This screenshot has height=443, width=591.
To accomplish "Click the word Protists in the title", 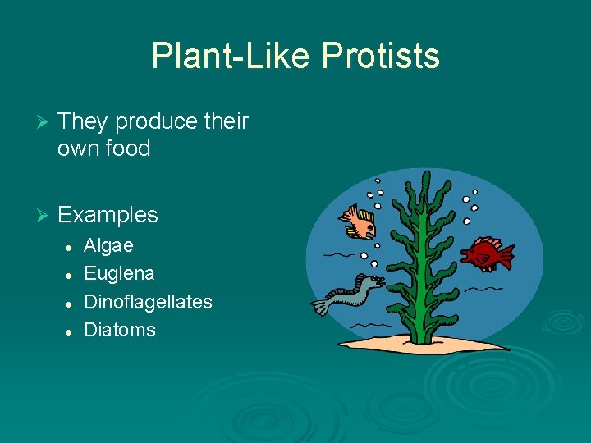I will (x=381, y=57).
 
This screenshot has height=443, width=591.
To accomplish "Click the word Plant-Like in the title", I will (x=232, y=57).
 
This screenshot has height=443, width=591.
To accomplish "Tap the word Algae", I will (x=109, y=245).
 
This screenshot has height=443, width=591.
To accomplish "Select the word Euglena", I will (x=120, y=273).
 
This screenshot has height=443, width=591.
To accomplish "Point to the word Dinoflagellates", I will (x=149, y=302).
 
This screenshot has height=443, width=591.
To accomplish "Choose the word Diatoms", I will (x=120, y=330).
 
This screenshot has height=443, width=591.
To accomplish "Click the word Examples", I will (x=108, y=215).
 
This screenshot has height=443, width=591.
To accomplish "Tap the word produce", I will (x=156, y=121).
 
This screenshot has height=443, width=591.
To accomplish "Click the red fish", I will (x=484, y=253).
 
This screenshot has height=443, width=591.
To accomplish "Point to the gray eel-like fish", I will (x=349, y=293).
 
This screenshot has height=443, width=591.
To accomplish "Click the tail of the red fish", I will (x=505, y=256).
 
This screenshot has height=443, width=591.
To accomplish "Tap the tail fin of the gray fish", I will (x=321, y=307).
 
